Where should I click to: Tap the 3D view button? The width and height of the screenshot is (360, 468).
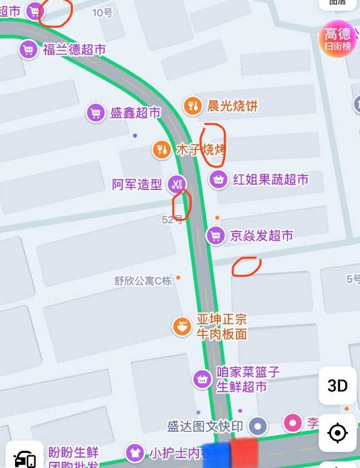click(x=337, y=385)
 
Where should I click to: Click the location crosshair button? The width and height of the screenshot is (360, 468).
click(x=337, y=432)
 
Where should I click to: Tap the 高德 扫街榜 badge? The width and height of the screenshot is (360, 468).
click(x=338, y=39)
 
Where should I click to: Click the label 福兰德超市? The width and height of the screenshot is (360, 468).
click(x=74, y=50)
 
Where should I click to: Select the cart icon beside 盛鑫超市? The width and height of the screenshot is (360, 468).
click(x=96, y=113)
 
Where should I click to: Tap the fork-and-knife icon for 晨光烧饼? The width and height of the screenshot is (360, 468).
click(x=193, y=105)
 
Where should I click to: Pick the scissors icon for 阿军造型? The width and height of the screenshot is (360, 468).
click(x=177, y=184)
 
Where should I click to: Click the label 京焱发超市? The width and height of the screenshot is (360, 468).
click(x=261, y=236)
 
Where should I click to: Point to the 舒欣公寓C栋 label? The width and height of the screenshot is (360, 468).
click(x=143, y=281)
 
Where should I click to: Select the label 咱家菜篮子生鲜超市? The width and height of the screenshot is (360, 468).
click(x=247, y=379)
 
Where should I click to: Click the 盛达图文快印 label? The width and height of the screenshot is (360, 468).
click(x=205, y=426)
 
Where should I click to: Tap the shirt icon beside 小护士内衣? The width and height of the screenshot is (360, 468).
click(x=134, y=452)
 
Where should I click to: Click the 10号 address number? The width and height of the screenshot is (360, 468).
click(x=102, y=13)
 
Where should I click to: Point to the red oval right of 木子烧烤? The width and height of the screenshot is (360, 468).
click(x=213, y=145)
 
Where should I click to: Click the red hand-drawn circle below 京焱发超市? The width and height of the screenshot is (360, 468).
click(x=246, y=266)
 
